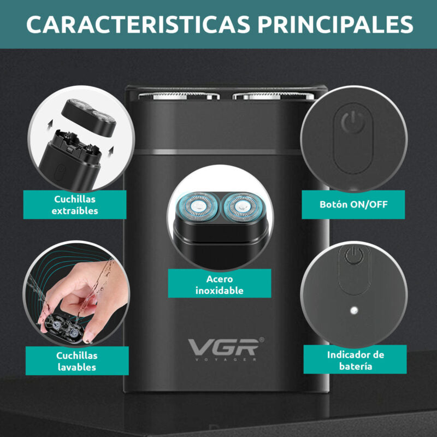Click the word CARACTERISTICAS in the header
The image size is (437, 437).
coord(138,24)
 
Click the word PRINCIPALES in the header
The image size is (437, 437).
coord(335,24)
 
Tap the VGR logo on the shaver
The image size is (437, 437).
coord(223,347)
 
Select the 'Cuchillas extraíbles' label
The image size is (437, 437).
coord(75,205)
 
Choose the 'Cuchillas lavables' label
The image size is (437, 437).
coord(77,361)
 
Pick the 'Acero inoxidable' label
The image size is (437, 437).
coord(220,285)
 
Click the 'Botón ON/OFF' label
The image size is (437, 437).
coord(353,204)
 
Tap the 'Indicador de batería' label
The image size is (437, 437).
coord(356,360)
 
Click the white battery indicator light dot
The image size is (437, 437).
coord(354,310)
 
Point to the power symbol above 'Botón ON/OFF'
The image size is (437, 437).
coord(353,122)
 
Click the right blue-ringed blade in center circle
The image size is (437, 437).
coord(242,206)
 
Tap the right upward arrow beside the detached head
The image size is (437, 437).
coord(111,151)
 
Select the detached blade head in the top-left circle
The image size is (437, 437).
coord(88,117)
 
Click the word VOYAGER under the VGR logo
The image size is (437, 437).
coord(225,359)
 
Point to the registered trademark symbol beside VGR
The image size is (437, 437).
coord(262,340)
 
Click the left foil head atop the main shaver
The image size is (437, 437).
coord(179,96)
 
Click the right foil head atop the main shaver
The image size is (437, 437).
coord(274,96)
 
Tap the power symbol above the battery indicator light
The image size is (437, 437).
coord(354,255)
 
